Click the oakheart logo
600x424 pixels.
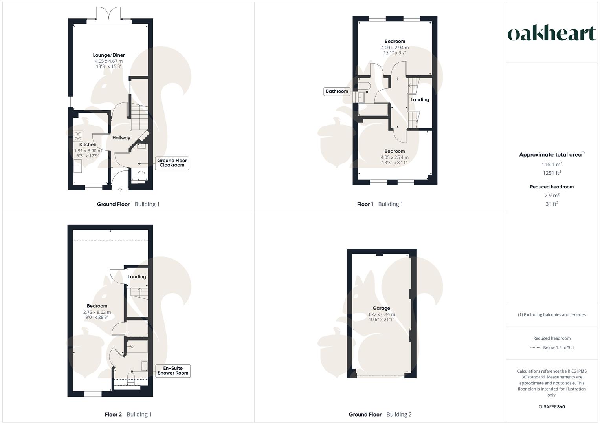(x=552, y=33)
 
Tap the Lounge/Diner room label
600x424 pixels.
(x=109, y=55)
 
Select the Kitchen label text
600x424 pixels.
(x=88, y=144)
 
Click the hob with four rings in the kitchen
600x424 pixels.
(x=78, y=136)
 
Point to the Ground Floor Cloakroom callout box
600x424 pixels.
(x=172, y=163)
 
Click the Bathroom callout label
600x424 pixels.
(x=337, y=91)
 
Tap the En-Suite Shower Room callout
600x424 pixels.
(x=173, y=371)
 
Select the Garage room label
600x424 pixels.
(x=381, y=308)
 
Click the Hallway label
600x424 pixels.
(x=121, y=138)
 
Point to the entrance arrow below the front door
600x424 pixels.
(x=120, y=190)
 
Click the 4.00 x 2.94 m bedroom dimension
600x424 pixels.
(x=394, y=48)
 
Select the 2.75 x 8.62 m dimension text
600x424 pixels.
(x=97, y=312)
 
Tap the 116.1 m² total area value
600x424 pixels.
(x=552, y=165)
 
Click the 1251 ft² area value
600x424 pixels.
(x=552, y=173)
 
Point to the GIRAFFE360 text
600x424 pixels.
(x=552, y=407)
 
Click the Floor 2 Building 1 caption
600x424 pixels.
(x=128, y=414)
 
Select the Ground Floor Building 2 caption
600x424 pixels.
(x=380, y=414)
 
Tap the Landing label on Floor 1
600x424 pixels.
(x=420, y=100)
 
